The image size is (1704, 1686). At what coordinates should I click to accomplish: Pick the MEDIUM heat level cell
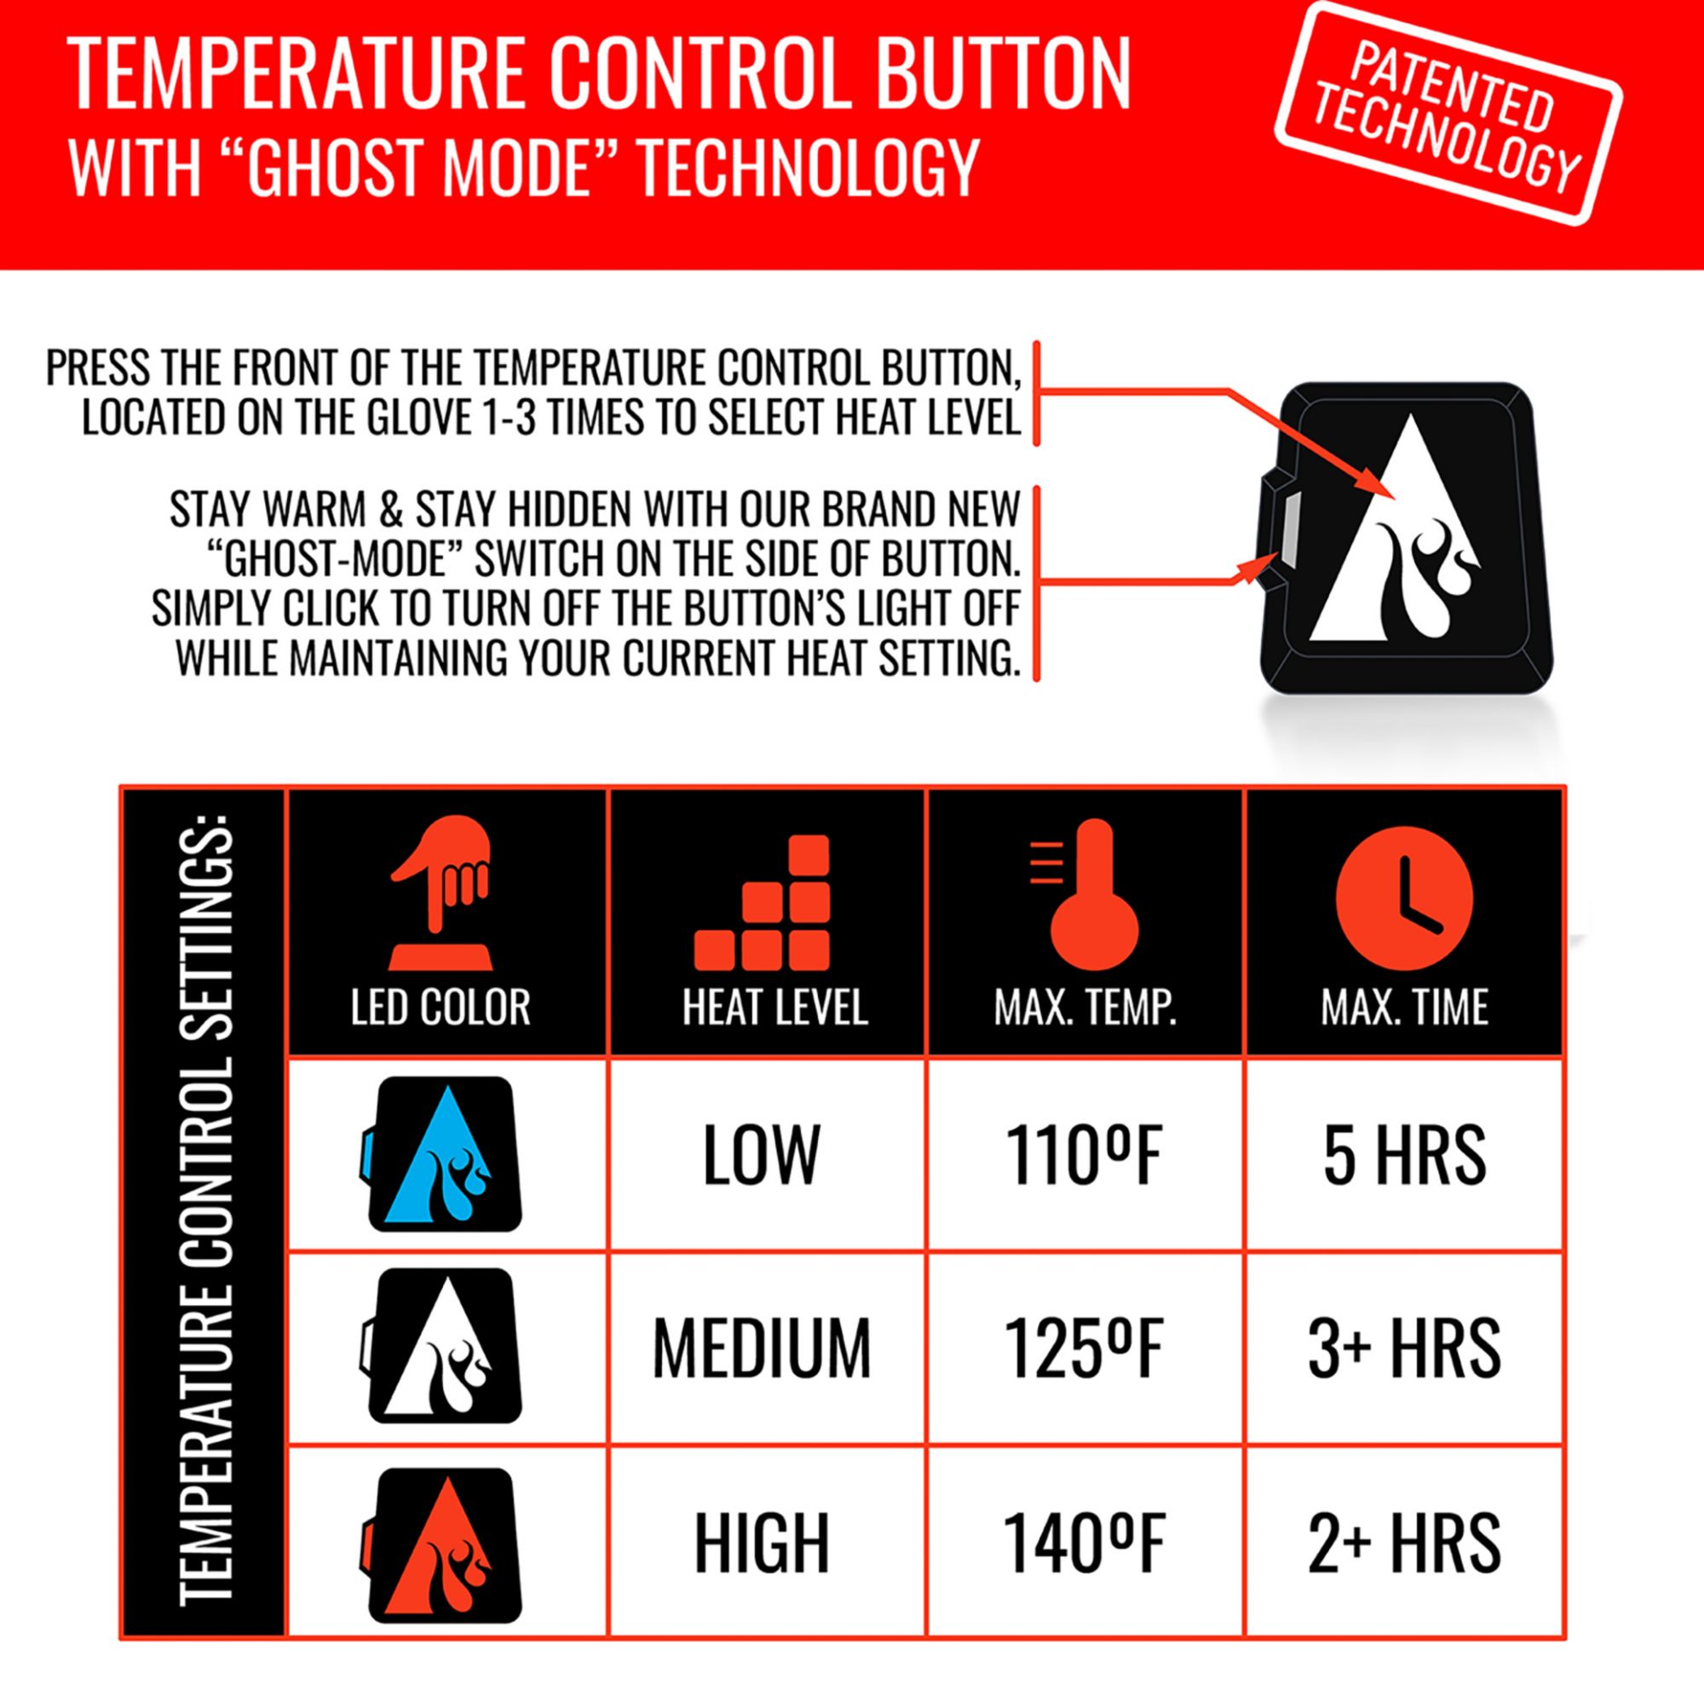click(x=761, y=1348)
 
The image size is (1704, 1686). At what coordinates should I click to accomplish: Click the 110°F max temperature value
click(x=1084, y=1155)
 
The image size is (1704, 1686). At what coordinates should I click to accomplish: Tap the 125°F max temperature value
click(x=1084, y=1348)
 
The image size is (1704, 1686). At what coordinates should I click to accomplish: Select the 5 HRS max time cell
click(x=1404, y=1155)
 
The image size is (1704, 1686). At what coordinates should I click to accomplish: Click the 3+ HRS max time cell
click(x=1404, y=1348)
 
